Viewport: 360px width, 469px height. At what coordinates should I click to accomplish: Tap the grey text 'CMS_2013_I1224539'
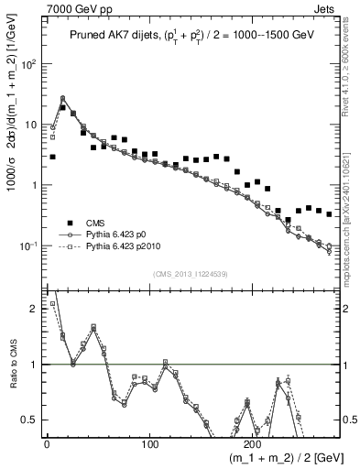[191, 274]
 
